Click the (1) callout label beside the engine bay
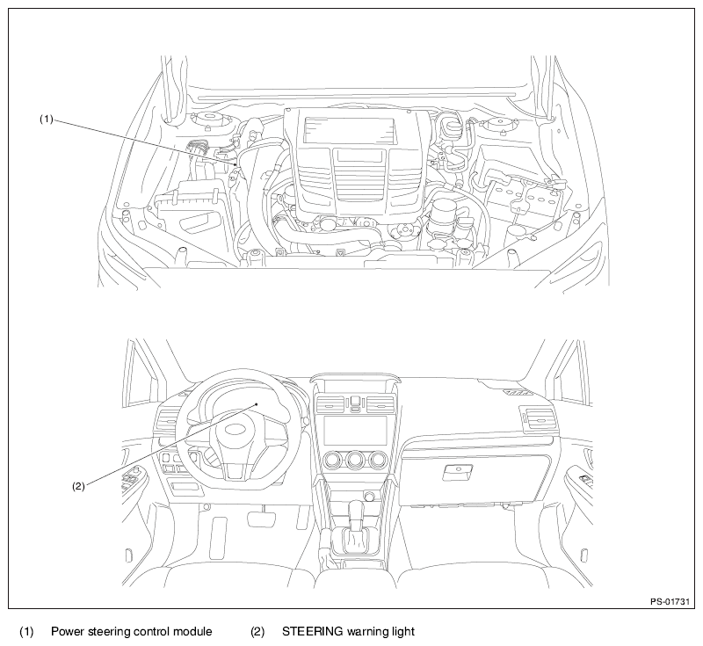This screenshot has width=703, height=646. pos(47,120)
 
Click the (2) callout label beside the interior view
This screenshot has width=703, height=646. pos(78,486)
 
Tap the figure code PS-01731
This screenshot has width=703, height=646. pos(670,602)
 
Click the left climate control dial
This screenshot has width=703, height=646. pos(333,460)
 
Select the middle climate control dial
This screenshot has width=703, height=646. pos(355,460)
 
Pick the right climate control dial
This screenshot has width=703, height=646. pos(378,460)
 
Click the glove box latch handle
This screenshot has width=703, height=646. pos(458,471)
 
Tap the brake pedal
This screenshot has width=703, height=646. pos(262,519)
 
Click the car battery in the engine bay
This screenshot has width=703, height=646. pos(521,187)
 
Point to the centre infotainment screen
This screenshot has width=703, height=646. pos(354,431)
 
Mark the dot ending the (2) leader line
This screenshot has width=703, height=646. pos(257,404)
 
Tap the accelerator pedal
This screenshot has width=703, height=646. pos(220,537)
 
